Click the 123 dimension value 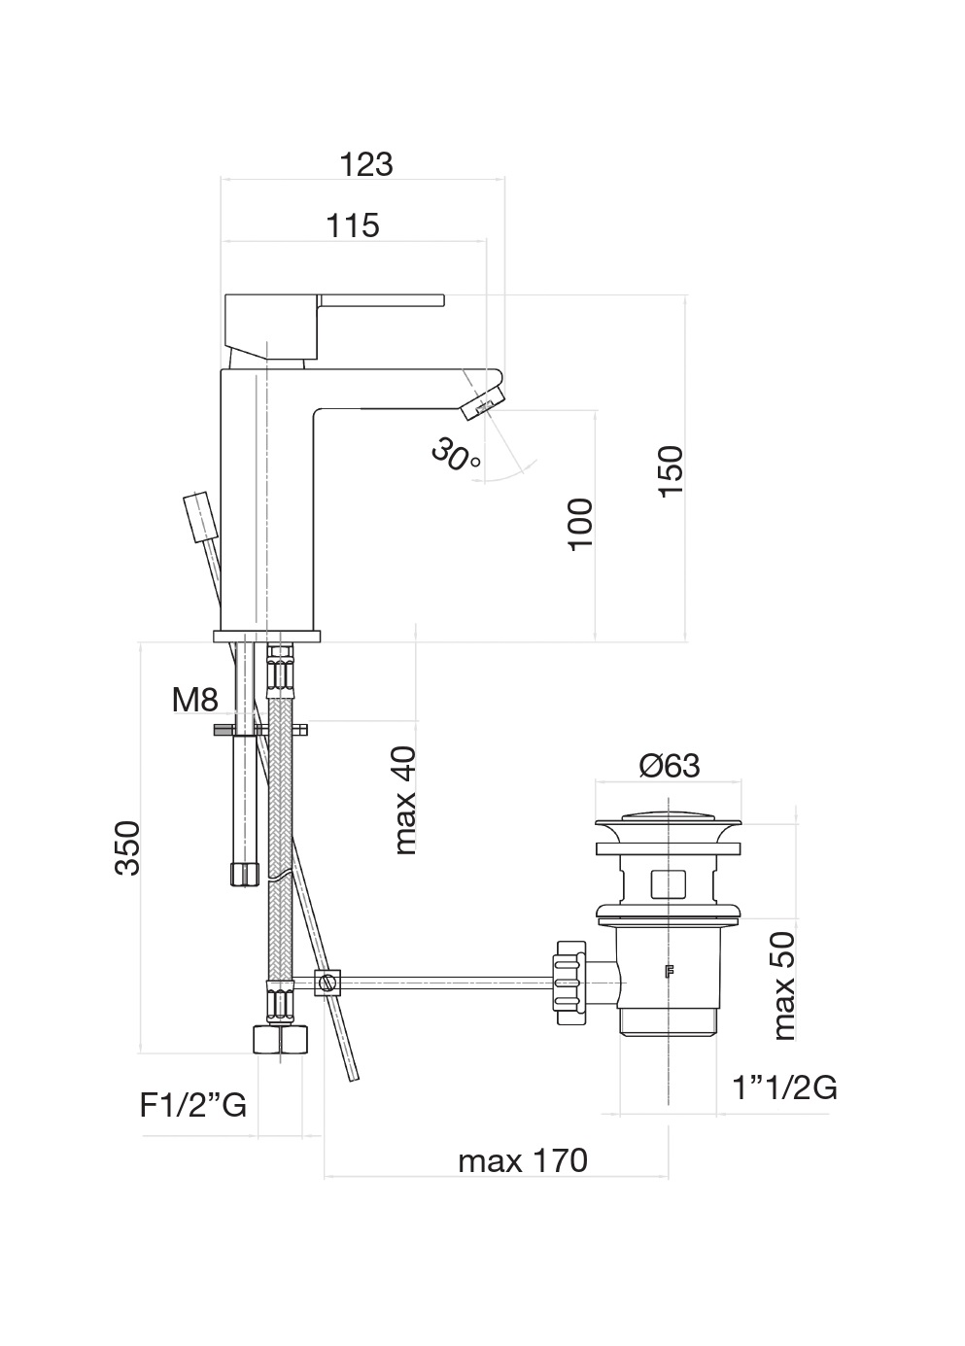tap(365, 164)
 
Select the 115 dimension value tap(352, 225)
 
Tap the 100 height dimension tap(580, 524)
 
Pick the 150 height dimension tap(671, 471)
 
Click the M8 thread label tap(194, 699)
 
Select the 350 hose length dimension tap(128, 847)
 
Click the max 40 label tap(404, 800)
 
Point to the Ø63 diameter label tap(669, 766)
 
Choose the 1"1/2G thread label tap(784, 1087)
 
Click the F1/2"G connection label tap(193, 1105)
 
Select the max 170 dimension tap(523, 1160)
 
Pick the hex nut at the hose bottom tap(279, 1039)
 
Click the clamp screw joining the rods tap(328, 984)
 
